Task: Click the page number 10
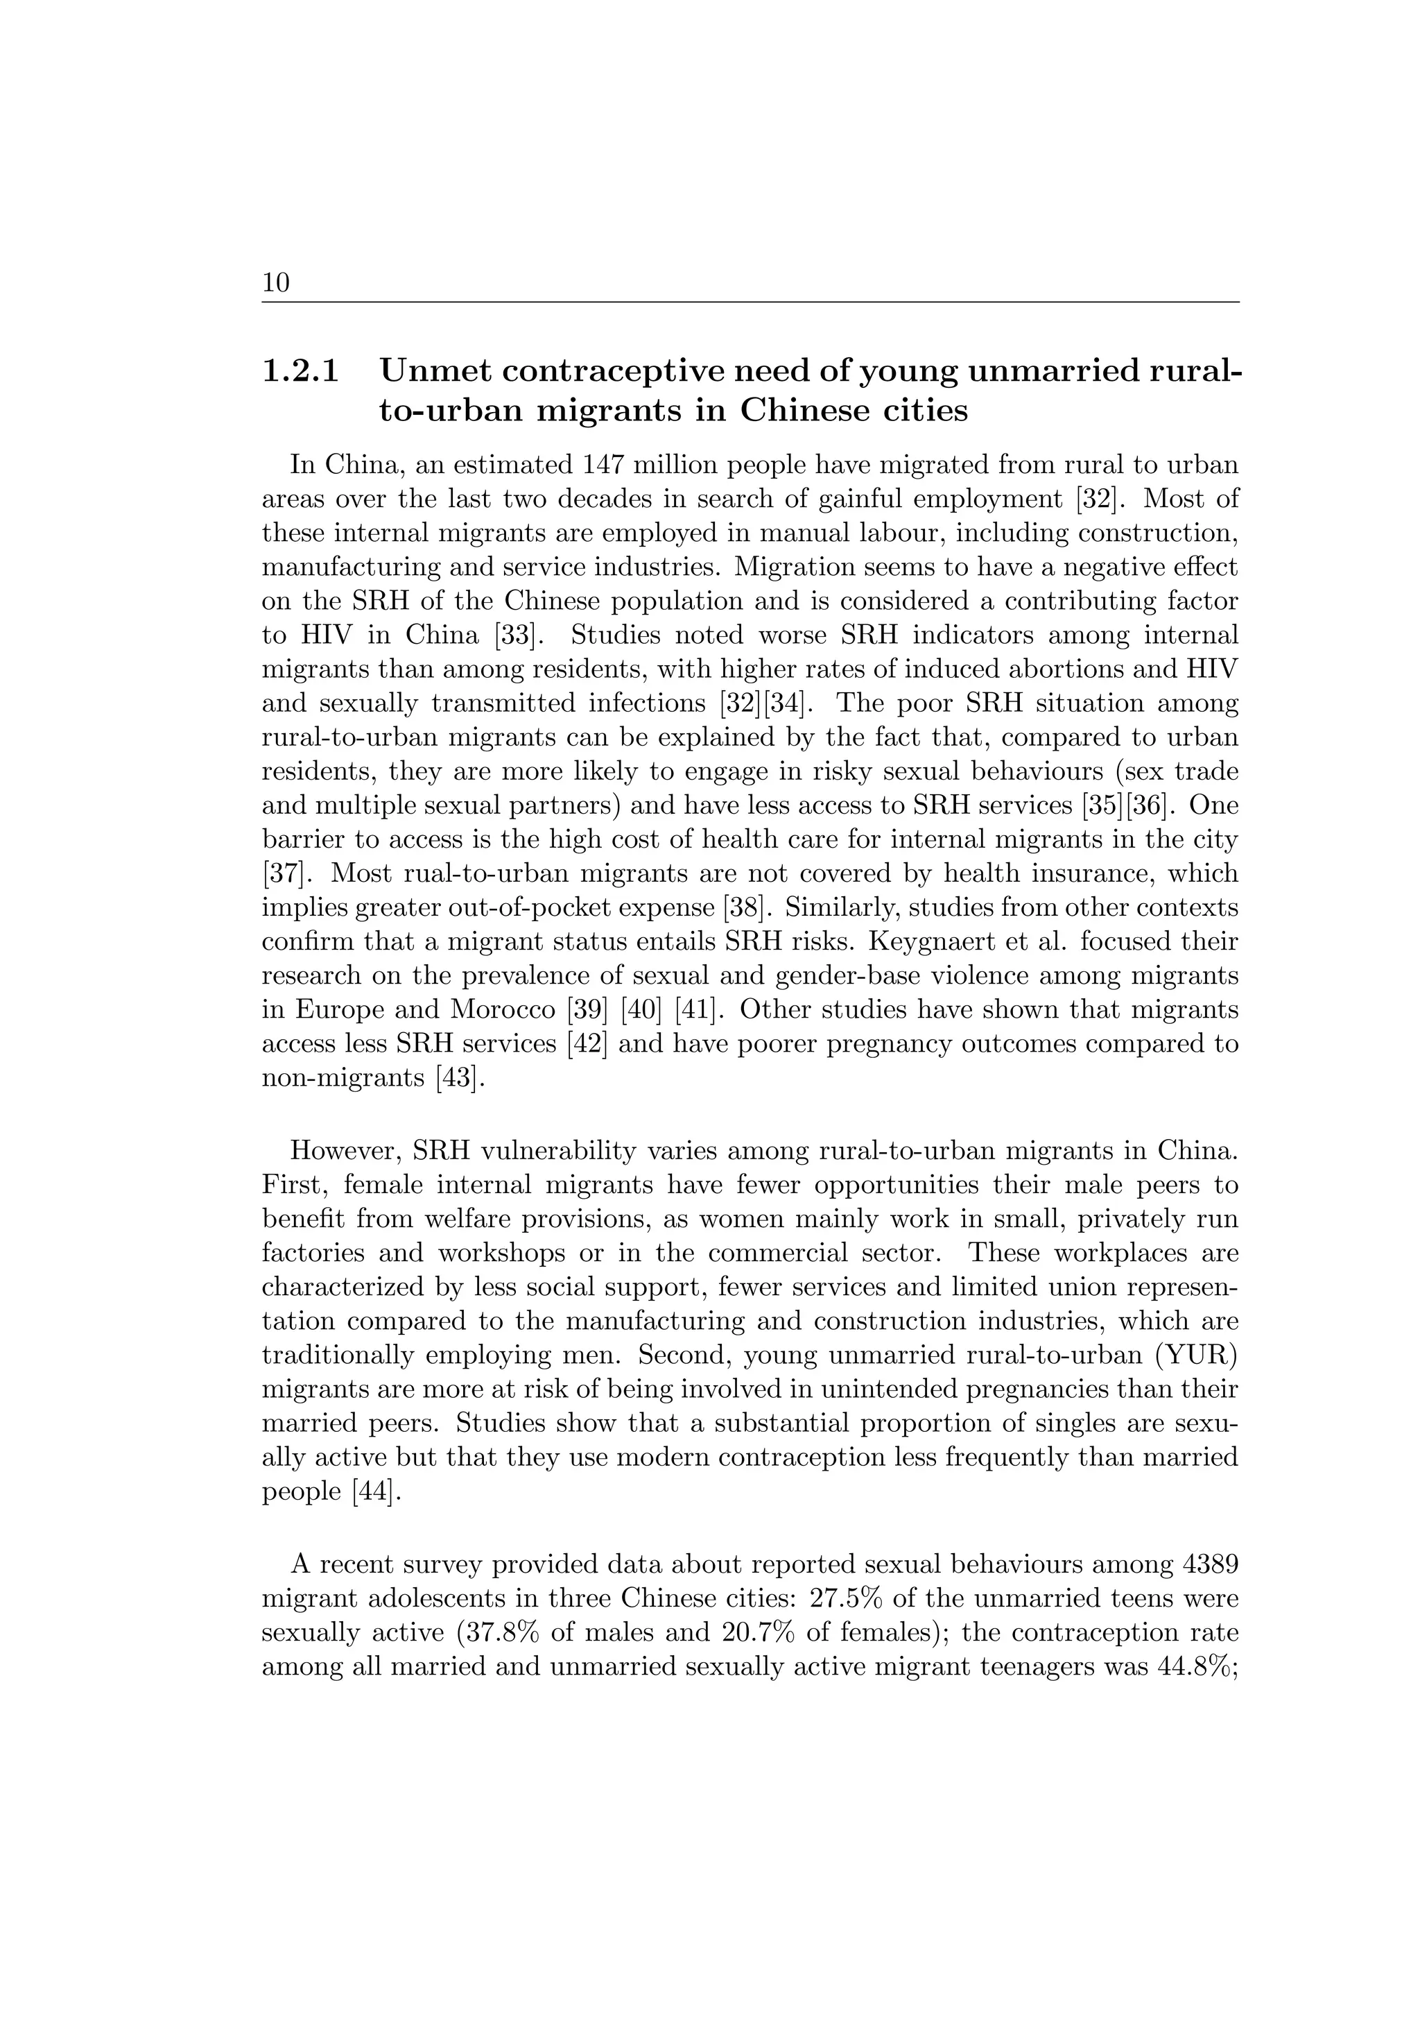click(x=275, y=283)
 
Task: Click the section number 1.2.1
click(x=300, y=371)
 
